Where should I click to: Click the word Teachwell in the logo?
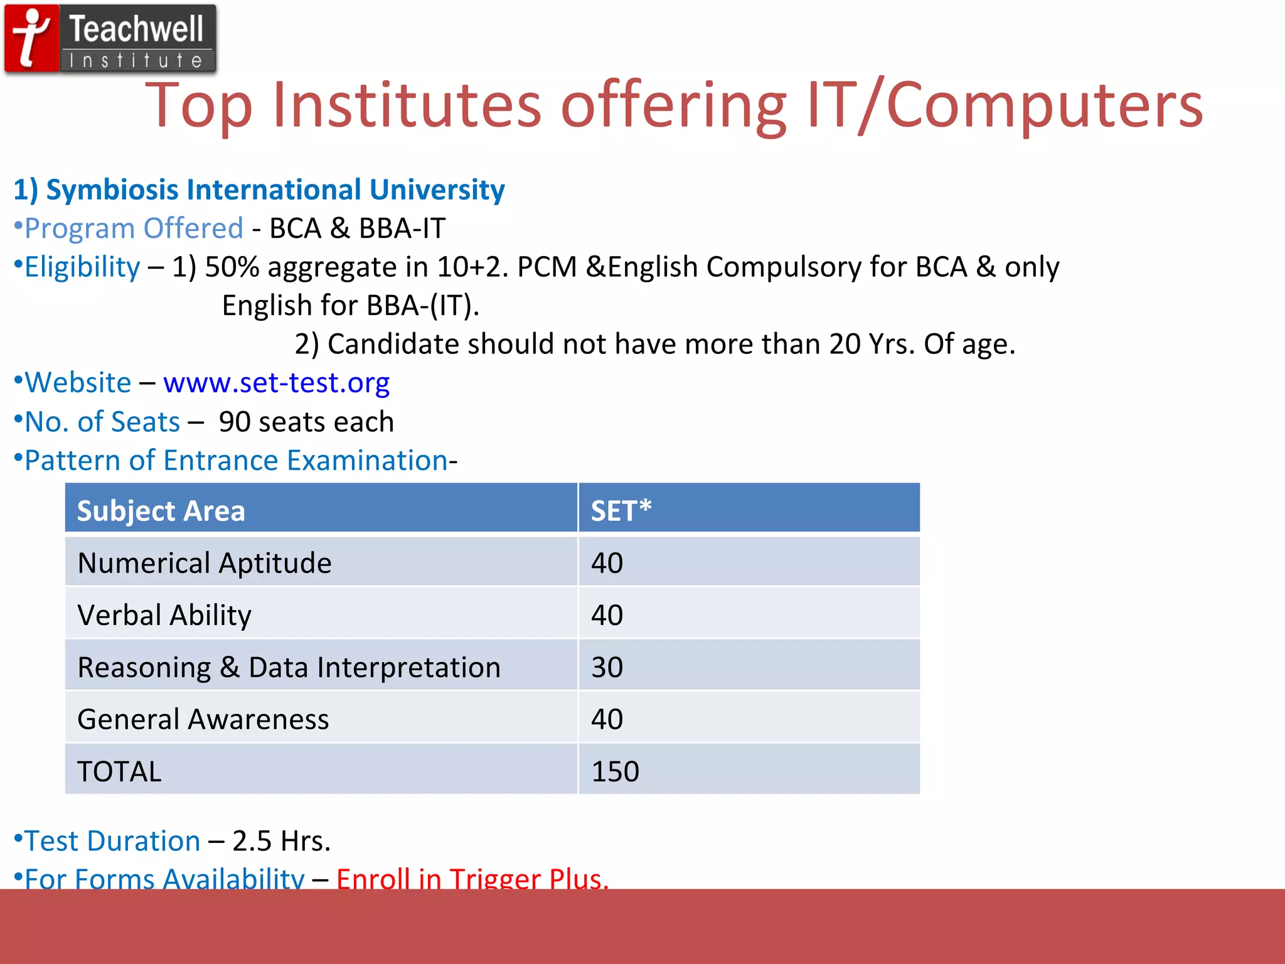point(136,29)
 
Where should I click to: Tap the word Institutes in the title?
point(407,105)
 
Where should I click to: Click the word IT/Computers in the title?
point(1005,105)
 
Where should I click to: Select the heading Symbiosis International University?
point(259,190)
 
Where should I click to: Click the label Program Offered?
point(133,228)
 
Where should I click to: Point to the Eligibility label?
point(82,267)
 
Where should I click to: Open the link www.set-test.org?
point(276,383)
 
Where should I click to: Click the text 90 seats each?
point(306,422)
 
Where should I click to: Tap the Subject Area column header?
point(161,511)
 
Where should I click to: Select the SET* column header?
point(621,511)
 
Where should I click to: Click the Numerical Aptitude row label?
point(204,563)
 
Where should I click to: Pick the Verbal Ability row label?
point(164,615)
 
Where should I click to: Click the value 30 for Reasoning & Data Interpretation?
point(607,667)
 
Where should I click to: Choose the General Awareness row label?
point(203,719)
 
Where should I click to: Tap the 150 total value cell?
point(615,771)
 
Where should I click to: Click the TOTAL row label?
point(119,771)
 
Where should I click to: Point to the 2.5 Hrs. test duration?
point(281,841)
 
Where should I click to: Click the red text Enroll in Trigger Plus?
point(472,878)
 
